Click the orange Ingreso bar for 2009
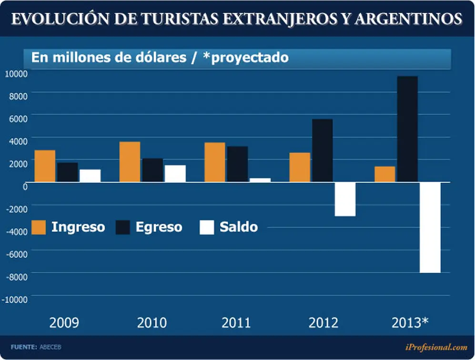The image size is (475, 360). [x=45, y=166]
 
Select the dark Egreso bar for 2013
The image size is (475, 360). [x=407, y=129]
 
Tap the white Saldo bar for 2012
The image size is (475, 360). [x=345, y=199]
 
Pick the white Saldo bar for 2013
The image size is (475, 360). [x=430, y=228]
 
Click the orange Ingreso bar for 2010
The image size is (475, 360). [x=130, y=162]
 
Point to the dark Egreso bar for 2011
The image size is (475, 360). [x=237, y=164]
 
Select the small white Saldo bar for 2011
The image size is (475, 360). [x=260, y=180]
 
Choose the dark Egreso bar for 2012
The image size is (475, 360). [x=323, y=150]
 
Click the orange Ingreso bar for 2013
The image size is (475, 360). [x=385, y=174]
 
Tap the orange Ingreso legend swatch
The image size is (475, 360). [x=39, y=227]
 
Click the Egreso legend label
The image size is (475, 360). [x=159, y=227]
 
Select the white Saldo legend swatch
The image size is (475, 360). [x=207, y=227]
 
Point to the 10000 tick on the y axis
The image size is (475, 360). [x=16, y=74]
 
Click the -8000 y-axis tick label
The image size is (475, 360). [x=17, y=277]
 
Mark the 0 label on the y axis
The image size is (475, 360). [x=25, y=187]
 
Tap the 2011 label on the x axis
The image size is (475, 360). [x=236, y=323]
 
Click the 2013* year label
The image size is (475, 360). [x=410, y=323]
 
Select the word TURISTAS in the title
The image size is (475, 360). [x=180, y=19]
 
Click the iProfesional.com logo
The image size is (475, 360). [x=436, y=347]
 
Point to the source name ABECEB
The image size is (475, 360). [x=51, y=347]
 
